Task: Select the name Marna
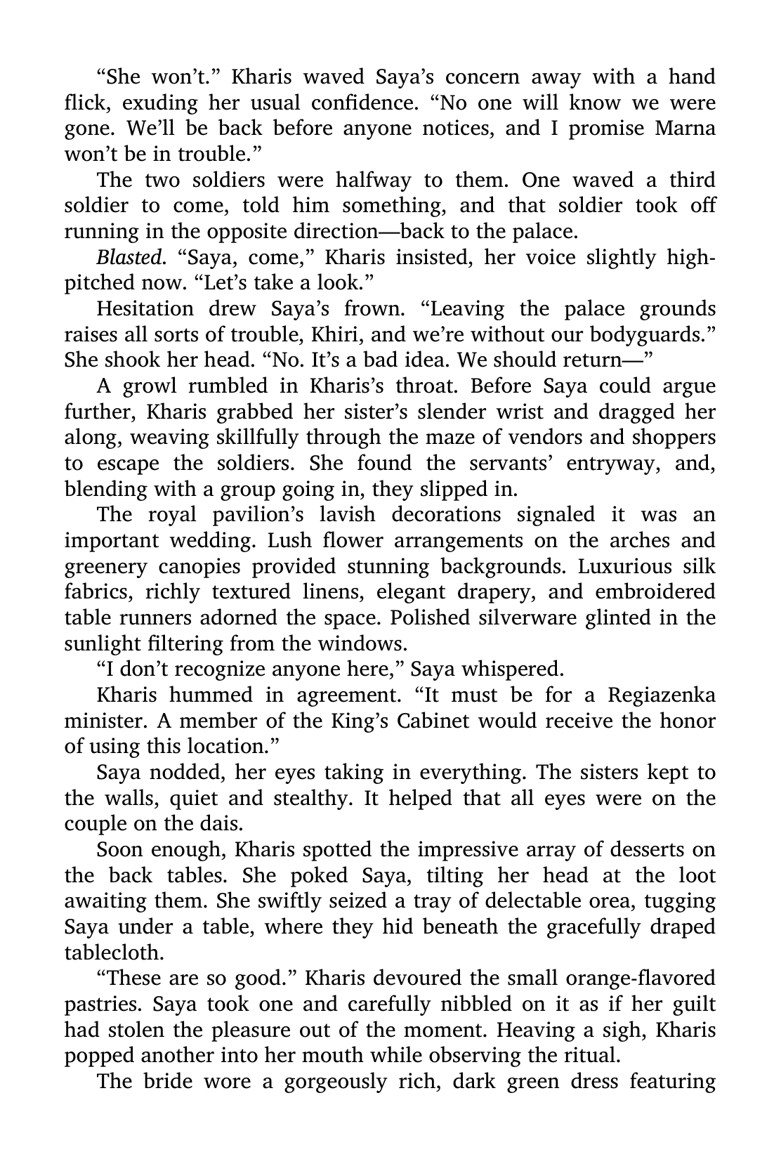pos(685,129)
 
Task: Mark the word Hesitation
pos(145,308)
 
